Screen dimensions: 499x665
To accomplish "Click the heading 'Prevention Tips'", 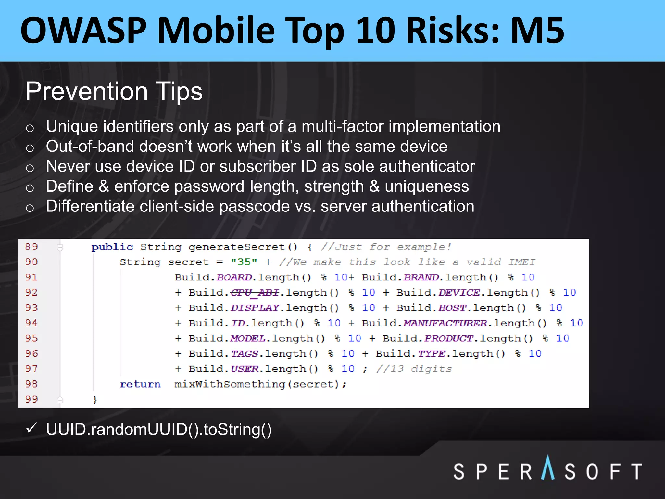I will (x=114, y=91).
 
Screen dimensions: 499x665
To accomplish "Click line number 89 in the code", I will (x=31, y=247).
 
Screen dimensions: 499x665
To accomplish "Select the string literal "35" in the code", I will (x=244, y=262).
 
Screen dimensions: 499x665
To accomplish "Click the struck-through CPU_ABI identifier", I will (x=255, y=293).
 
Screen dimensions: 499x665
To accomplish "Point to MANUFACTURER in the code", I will (x=445, y=323).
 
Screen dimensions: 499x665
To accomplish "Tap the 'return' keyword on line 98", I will (x=140, y=384).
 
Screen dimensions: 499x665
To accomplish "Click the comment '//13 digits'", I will (x=414, y=369).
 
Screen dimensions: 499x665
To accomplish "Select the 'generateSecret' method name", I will (x=237, y=247).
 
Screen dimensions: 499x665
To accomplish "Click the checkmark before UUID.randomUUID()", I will (x=32, y=428).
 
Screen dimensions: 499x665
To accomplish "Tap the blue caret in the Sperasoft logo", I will (x=548, y=468).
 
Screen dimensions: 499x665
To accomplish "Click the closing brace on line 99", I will (x=95, y=400).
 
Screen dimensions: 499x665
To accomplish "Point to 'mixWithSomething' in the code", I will (x=230, y=384).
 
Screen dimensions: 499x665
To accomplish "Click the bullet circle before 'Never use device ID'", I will (x=30, y=168).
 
